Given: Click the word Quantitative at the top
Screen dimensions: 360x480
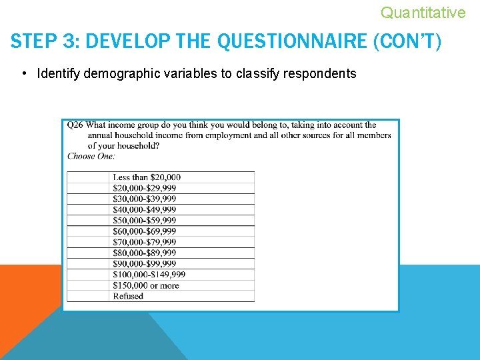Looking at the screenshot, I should pyautogui.click(x=423, y=12).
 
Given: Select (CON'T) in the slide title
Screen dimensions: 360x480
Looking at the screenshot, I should pyautogui.click(x=407, y=42).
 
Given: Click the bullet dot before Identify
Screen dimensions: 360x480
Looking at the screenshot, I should pyautogui.click(x=24, y=73).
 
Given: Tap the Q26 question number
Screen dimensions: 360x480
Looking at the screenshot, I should pyautogui.click(x=75, y=125).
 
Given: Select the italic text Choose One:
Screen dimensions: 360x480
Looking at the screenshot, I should pyautogui.click(x=91, y=156).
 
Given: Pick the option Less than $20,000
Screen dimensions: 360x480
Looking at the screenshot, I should pyautogui.click(x=147, y=177).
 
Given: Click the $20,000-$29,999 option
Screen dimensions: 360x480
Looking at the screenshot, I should pyautogui.click(x=145, y=188).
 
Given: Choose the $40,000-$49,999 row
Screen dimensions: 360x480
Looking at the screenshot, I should pyautogui.click(x=145, y=210).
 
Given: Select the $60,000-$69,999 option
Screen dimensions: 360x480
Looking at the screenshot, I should pyautogui.click(x=145, y=231).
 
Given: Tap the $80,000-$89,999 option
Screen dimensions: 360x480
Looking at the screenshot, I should pyautogui.click(x=145, y=253).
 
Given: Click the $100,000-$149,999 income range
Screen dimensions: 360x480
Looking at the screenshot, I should pyautogui.click(x=149, y=275).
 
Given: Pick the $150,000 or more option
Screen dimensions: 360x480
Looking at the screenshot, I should pyautogui.click(x=146, y=285).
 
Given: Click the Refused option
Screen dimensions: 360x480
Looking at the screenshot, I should pyautogui.click(x=128, y=296).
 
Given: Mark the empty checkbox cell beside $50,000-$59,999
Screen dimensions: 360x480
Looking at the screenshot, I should pyautogui.click(x=88, y=221).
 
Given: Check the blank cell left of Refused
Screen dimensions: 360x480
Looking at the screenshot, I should pyautogui.click(x=88, y=296).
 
